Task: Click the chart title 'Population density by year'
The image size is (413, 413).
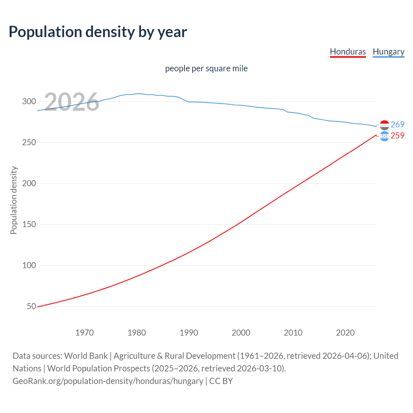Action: tap(98, 32)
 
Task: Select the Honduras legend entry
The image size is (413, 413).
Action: tap(348, 52)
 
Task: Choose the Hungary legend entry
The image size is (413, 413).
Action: tap(388, 52)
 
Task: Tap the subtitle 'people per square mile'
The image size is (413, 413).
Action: tap(206, 68)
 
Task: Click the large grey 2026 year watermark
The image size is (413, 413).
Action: tap(72, 102)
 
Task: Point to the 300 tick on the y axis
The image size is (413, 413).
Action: tap(29, 101)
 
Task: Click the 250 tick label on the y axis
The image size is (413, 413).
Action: tap(29, 142)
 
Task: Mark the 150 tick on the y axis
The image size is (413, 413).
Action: tap(29, 224)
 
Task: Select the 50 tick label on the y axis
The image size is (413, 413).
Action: tap(31, 306)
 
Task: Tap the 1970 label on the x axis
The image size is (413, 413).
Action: tap(85, 333)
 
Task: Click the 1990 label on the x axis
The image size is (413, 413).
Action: tap(189, 333)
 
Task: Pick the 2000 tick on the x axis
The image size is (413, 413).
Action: tap(241, 333)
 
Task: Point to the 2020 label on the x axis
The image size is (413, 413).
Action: tap(345, 333)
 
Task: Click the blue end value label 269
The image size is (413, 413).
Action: tap(398, 125)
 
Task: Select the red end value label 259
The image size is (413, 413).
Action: tap(398, 136)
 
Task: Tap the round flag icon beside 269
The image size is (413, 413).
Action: tap(384, 125)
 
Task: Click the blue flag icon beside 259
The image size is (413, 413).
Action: tap(384, 136)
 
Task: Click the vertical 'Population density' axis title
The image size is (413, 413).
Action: tap(14, 200)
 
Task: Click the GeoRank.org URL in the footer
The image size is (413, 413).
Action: tap(108, 381)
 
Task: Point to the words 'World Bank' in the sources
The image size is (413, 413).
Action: tap(86, 356)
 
